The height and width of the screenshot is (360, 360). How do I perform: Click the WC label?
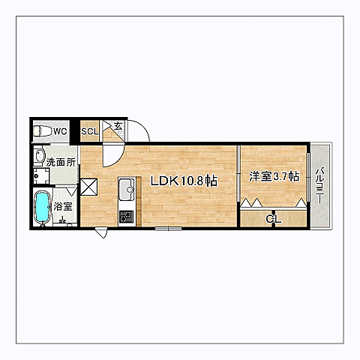(x=60, y=131)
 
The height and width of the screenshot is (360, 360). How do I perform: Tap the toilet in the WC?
(x=42, y=131)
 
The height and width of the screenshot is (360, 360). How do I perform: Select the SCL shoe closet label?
(x=90, y=131)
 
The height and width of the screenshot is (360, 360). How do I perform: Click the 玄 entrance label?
(x=118, y=126)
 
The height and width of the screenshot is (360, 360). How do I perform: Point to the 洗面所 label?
(x=61, y=163)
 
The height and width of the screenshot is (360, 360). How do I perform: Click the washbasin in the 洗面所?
(x=39, y=156)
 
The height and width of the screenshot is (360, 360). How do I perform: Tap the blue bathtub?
(x=42, y=207)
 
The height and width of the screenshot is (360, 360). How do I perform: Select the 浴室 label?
(x=63, y=206)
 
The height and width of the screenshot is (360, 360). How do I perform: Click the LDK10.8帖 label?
(x=184, y=181)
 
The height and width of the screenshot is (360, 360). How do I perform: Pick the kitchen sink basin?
(x=127, y=189)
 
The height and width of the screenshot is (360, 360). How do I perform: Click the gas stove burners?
(x=126, y=217)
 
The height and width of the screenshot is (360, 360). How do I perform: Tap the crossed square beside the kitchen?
(x=88, y=187)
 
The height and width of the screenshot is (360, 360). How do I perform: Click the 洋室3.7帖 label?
(x=274, y=177)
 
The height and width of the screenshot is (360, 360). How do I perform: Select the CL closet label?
(x=274, y=219)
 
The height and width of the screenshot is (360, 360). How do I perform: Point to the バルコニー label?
(x=319, y=185)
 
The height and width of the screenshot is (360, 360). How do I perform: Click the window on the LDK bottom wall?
(x=168, y=228)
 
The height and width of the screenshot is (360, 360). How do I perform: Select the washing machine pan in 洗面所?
(x=41, y=175)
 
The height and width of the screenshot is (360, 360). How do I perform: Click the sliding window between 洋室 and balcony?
(x=308, y=177)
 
